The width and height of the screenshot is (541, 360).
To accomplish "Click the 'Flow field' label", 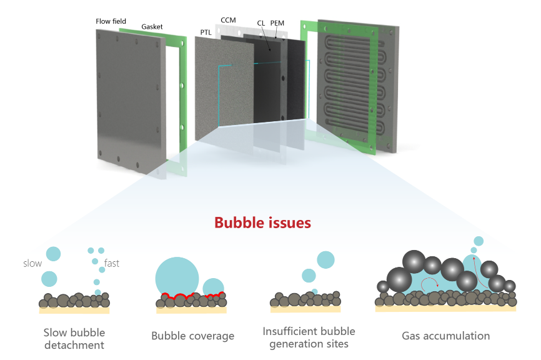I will (111, 21).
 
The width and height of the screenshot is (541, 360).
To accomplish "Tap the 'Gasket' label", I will (152, 27).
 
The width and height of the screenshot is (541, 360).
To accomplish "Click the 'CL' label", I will (261, 23).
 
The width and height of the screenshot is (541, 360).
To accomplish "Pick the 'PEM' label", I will (277, 23).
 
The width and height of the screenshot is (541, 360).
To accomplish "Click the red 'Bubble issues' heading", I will (262, 222).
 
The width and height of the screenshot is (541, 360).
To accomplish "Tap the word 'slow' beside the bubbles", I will (32, 263).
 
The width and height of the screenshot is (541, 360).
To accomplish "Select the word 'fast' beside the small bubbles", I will (112, 263).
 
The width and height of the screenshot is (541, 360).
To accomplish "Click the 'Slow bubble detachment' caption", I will (74, 338).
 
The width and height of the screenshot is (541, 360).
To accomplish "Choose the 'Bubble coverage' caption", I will (192, 336).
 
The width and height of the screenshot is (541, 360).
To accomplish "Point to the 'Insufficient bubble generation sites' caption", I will (309, 337).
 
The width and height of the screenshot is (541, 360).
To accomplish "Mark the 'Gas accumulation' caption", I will (445, 336).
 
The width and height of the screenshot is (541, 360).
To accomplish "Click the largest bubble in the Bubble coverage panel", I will (177, 274).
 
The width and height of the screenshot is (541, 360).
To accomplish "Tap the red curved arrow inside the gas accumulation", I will (430, 285).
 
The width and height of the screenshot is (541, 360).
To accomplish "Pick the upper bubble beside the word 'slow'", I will (53, 254).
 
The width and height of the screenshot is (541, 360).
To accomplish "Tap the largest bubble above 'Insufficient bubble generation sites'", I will (325, 259).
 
